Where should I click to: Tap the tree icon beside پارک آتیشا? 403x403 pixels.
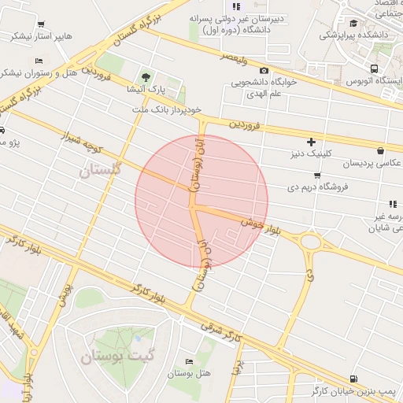point(146,76)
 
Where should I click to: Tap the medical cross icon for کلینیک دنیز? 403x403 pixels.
point(312,142)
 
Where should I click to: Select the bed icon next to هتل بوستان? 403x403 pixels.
point(187,361)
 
